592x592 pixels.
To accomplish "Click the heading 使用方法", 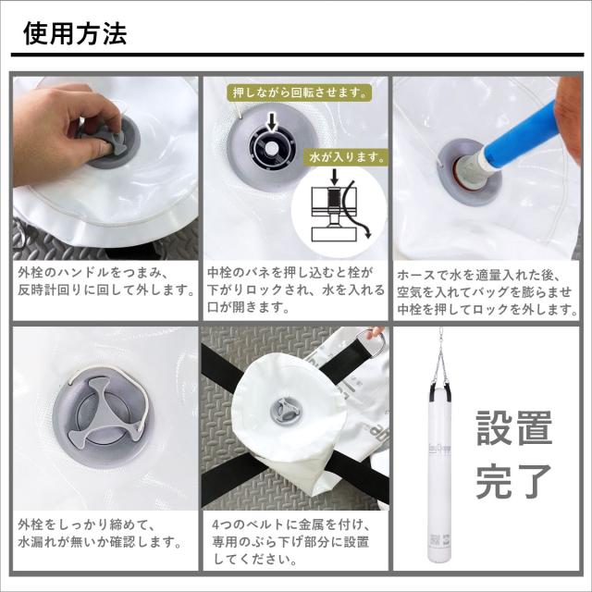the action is point(75,33).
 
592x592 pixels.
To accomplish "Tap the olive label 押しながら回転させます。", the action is point(300,92).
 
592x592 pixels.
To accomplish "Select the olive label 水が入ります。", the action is point(347,157).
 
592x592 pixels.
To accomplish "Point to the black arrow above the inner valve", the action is point(271,122).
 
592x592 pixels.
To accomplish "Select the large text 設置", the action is point(514,427).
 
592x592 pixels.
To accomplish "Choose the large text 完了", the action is point(514,481).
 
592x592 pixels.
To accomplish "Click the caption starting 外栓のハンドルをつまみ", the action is point(105,281).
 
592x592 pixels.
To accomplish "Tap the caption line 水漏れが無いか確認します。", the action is point(100,543).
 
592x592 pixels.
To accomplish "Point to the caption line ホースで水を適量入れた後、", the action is point(479,275).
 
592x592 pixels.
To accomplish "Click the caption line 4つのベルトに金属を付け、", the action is point(291,524).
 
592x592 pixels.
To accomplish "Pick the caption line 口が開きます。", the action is point(249,307).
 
